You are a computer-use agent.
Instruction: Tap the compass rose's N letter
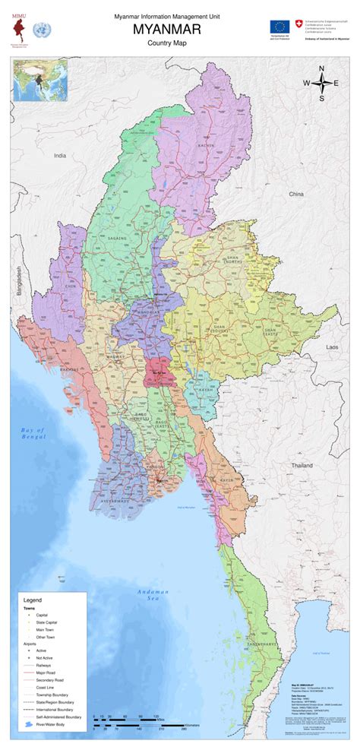click(321, 69)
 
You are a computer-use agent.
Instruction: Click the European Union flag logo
click(278, 27)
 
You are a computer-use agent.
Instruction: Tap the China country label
click(296, 195)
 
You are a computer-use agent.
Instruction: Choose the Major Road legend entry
click(45, 673)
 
